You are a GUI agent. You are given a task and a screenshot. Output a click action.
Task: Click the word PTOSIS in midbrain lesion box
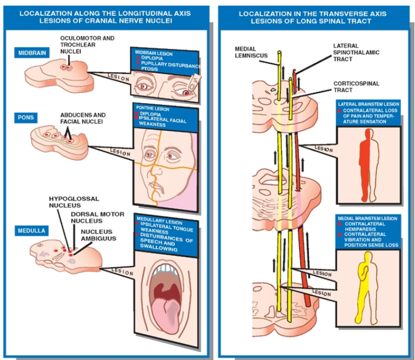click(150, 69)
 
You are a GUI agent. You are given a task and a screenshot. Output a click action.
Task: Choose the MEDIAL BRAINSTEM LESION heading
click(368, 217)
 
